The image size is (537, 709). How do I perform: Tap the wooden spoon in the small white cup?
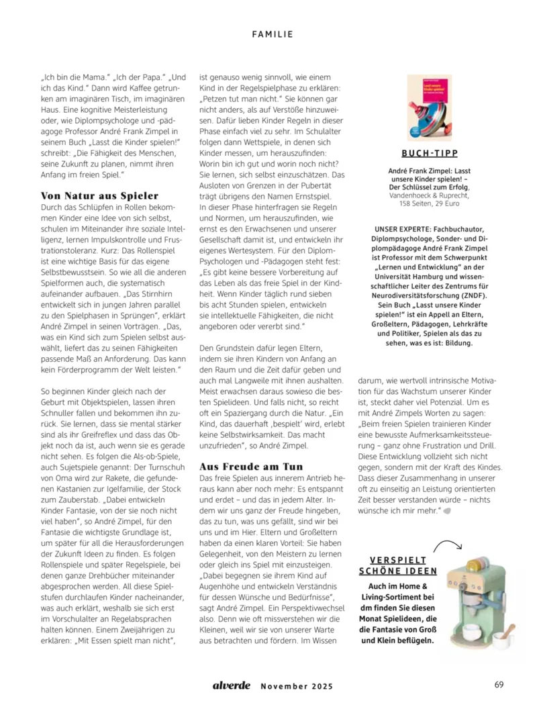pos(507,630)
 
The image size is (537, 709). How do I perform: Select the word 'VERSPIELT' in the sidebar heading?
pos(397,559)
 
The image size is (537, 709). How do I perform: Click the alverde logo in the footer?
pos(232,686)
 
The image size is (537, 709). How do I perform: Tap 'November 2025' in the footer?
pos(296,686)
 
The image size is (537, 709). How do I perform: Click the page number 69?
pos(499,685)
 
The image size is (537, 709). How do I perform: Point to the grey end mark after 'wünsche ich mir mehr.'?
pos(446,511)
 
